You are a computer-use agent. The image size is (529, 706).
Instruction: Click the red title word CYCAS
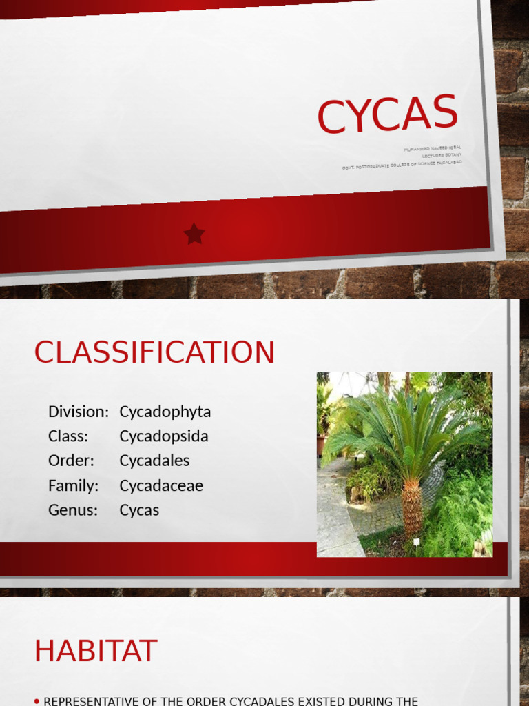[387, 114]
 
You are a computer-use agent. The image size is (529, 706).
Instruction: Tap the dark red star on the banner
[194, 234]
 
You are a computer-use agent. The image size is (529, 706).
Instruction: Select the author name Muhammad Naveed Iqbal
[433, 148]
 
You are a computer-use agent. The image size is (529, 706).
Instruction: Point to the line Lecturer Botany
[442, 155]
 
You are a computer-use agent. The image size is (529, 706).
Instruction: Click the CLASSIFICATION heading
[154, 352]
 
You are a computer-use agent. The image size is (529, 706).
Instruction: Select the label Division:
[79, 412]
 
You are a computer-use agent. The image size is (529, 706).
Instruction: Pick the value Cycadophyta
[165, 412]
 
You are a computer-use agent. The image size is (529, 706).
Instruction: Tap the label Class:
[68, 436]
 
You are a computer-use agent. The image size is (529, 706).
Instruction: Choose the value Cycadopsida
[164, 436]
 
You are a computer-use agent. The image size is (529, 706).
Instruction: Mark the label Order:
[71, 461]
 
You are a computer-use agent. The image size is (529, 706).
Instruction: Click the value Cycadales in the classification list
[154, 461]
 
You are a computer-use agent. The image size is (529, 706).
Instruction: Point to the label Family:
[74, 485]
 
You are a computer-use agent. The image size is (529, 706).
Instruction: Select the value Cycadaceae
[161, 485]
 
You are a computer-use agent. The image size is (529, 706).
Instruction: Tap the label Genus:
[73, 510]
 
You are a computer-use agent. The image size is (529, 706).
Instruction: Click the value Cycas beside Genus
[139, 510]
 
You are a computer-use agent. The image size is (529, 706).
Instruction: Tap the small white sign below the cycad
[416, 543]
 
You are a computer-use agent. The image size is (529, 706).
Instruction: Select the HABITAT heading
[96, 651]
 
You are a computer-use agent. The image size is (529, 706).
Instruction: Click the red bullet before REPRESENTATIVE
[37, 701]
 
